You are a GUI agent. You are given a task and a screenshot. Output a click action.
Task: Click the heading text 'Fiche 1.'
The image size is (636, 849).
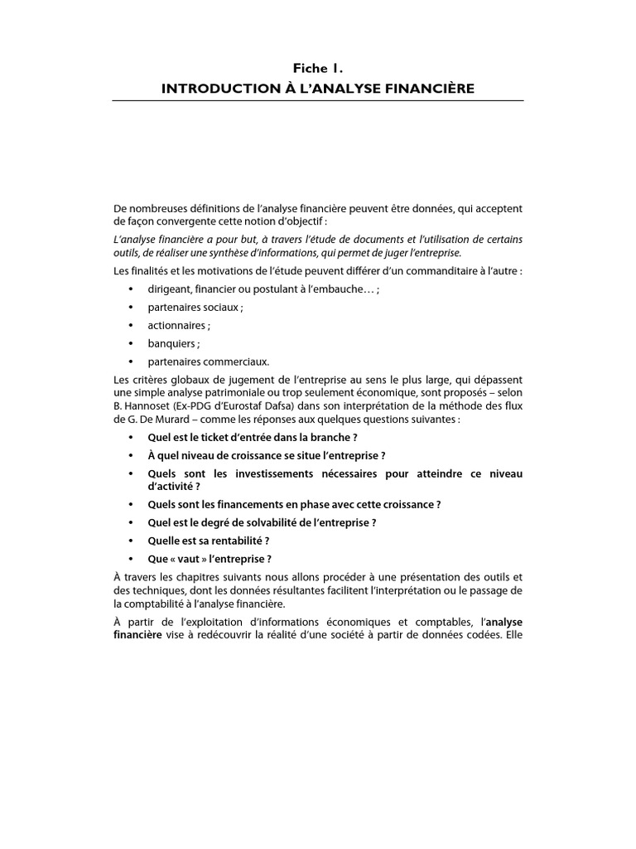318,70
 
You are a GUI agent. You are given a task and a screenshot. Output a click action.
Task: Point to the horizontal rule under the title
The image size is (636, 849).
318,101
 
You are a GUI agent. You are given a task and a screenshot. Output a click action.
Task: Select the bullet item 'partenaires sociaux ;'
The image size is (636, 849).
195,307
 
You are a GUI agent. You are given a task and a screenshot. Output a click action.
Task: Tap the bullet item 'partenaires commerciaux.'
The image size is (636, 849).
209,361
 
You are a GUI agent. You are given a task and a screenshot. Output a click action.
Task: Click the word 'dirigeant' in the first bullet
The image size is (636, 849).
170,289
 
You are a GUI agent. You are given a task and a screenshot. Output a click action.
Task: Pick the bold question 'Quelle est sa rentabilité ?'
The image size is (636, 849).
209,541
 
